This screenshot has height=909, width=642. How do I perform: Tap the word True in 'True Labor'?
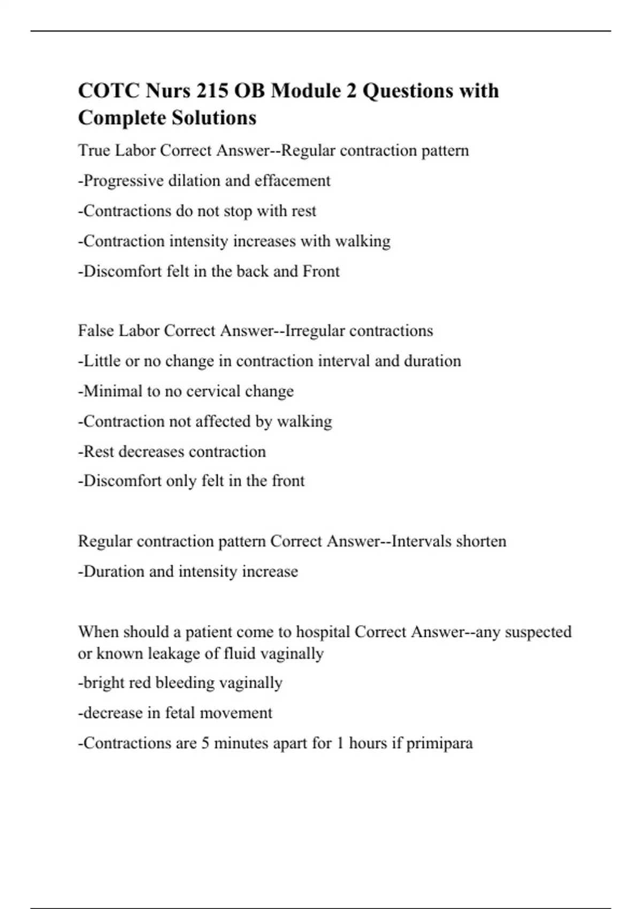94,150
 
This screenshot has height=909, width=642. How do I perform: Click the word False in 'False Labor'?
96,330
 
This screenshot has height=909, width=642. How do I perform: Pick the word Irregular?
315,330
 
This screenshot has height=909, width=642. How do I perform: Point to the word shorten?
481,541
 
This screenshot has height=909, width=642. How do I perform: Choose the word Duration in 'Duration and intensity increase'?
114,571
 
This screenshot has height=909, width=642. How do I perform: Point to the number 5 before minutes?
205,743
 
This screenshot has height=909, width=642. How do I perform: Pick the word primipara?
440,743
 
